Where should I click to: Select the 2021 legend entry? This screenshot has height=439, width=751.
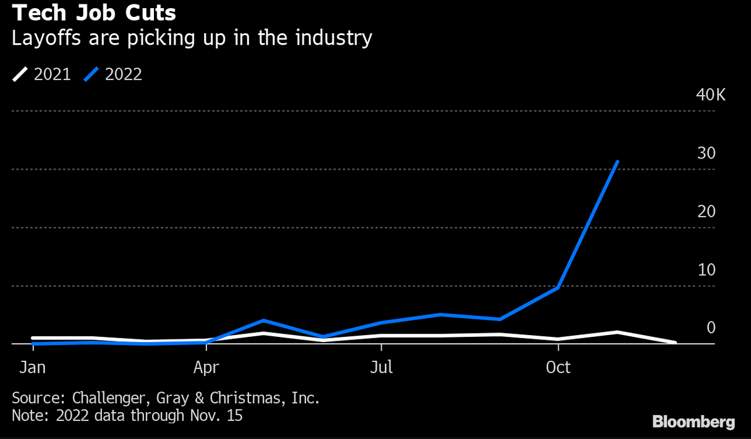pyautogui.click(x=42, y=75)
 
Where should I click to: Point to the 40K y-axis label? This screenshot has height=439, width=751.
pyautogui.click(x=710, y=96)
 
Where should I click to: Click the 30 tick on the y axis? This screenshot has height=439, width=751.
pyautogui.click(x=707, y=153)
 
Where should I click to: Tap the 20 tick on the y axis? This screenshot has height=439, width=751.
pyautogui.click(x=707, y=212)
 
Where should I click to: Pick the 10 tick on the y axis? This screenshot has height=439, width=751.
pyautogui.click(x=707, y=270)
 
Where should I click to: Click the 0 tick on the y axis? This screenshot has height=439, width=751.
pyautogui.click(x=710, y=328)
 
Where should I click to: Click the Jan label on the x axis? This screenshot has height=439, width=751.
pyautogui.click(x=32, y=367)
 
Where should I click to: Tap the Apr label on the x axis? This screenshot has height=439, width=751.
pyautogui.click(x=206, y=367)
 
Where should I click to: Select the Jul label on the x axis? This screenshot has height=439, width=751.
pyautogui.click(x=381, y=367)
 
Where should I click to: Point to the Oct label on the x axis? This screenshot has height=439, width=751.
pyautogui.click(x=558, y=367)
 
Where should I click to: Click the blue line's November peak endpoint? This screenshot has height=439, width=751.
pyautogui.click(x=618, y=162)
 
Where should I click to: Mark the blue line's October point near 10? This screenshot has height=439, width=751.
pyautogui.click(x=558, y=287)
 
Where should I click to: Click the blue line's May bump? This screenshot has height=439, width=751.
pyautogui.click(x=265, y=321)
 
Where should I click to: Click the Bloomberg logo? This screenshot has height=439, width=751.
pyautogui.click(x=693, y=422)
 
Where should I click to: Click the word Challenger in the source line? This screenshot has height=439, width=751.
pyautogui.click(x=108, y=398)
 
